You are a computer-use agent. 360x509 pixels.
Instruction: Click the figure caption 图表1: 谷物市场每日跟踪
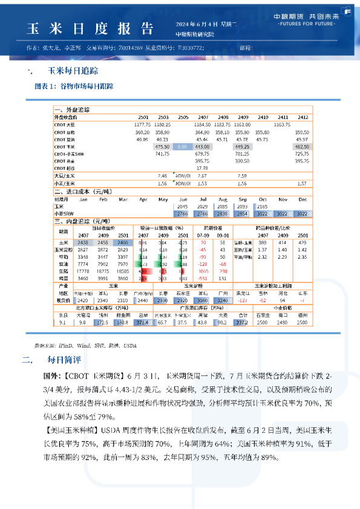click(x=74, y=86)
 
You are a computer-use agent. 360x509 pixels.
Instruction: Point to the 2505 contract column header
click(x=182, y=117)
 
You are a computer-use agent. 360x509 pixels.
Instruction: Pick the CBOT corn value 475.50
click(x=162, y=147)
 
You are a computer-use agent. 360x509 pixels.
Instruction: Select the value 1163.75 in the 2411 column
click(x=282, y=124)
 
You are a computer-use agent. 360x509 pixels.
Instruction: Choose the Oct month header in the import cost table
click(x=263, y=199)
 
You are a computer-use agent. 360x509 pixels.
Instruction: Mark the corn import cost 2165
click(x=263, y=207)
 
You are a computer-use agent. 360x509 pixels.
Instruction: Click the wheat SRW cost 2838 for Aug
click(x=222, y=214)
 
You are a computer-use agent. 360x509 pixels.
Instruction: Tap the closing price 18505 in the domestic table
click(x=123, y=272)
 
